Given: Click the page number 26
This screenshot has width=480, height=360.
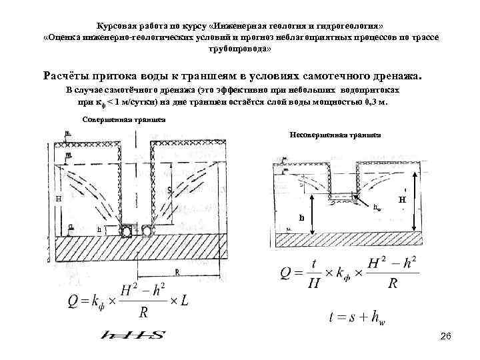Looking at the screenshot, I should pos(446,339).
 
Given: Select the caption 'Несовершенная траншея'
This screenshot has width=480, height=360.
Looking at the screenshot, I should pos(336,134).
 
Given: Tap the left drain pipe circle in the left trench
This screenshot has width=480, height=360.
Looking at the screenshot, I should pos(127,231).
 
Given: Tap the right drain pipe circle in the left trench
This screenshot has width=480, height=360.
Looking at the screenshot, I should pos(144,231).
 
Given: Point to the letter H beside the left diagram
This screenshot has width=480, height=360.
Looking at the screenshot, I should pos(59,199).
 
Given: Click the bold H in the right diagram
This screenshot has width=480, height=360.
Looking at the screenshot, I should pos(401,199).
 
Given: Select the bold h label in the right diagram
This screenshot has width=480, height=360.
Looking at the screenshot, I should pos(301,217).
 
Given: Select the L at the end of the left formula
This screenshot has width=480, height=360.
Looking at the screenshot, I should pos(185,301).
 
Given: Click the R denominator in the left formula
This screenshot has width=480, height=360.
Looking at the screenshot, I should pos(143,311).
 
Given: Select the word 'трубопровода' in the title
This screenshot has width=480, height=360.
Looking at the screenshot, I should pos(239,50).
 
